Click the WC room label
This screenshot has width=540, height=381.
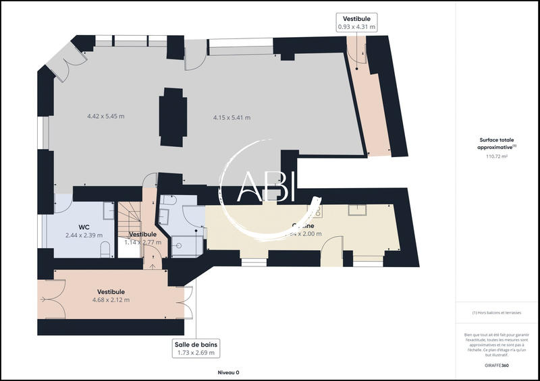pyautogui.click(x=84, y=227)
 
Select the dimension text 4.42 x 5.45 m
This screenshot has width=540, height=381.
pyautogui.click(x=105, y=117)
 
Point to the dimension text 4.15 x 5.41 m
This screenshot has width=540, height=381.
pyautogui.click(x=232, y=118)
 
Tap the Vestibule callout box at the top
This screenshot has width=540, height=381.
pyautogui.click(x=356, y=22)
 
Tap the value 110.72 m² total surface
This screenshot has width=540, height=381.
pyautogui.click(x=496, y=156)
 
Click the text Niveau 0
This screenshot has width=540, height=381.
pyautogui.click(x=228, y=372)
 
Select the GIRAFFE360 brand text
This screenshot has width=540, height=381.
pyautogui.click(x=496, y=365)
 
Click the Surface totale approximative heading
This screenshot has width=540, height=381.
pyautogui.click(x=496, y=143)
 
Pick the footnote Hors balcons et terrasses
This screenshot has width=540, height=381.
pyautogui.click(x=496, y=312)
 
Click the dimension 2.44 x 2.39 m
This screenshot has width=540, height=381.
pyautogui.click(x=84, y=235)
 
